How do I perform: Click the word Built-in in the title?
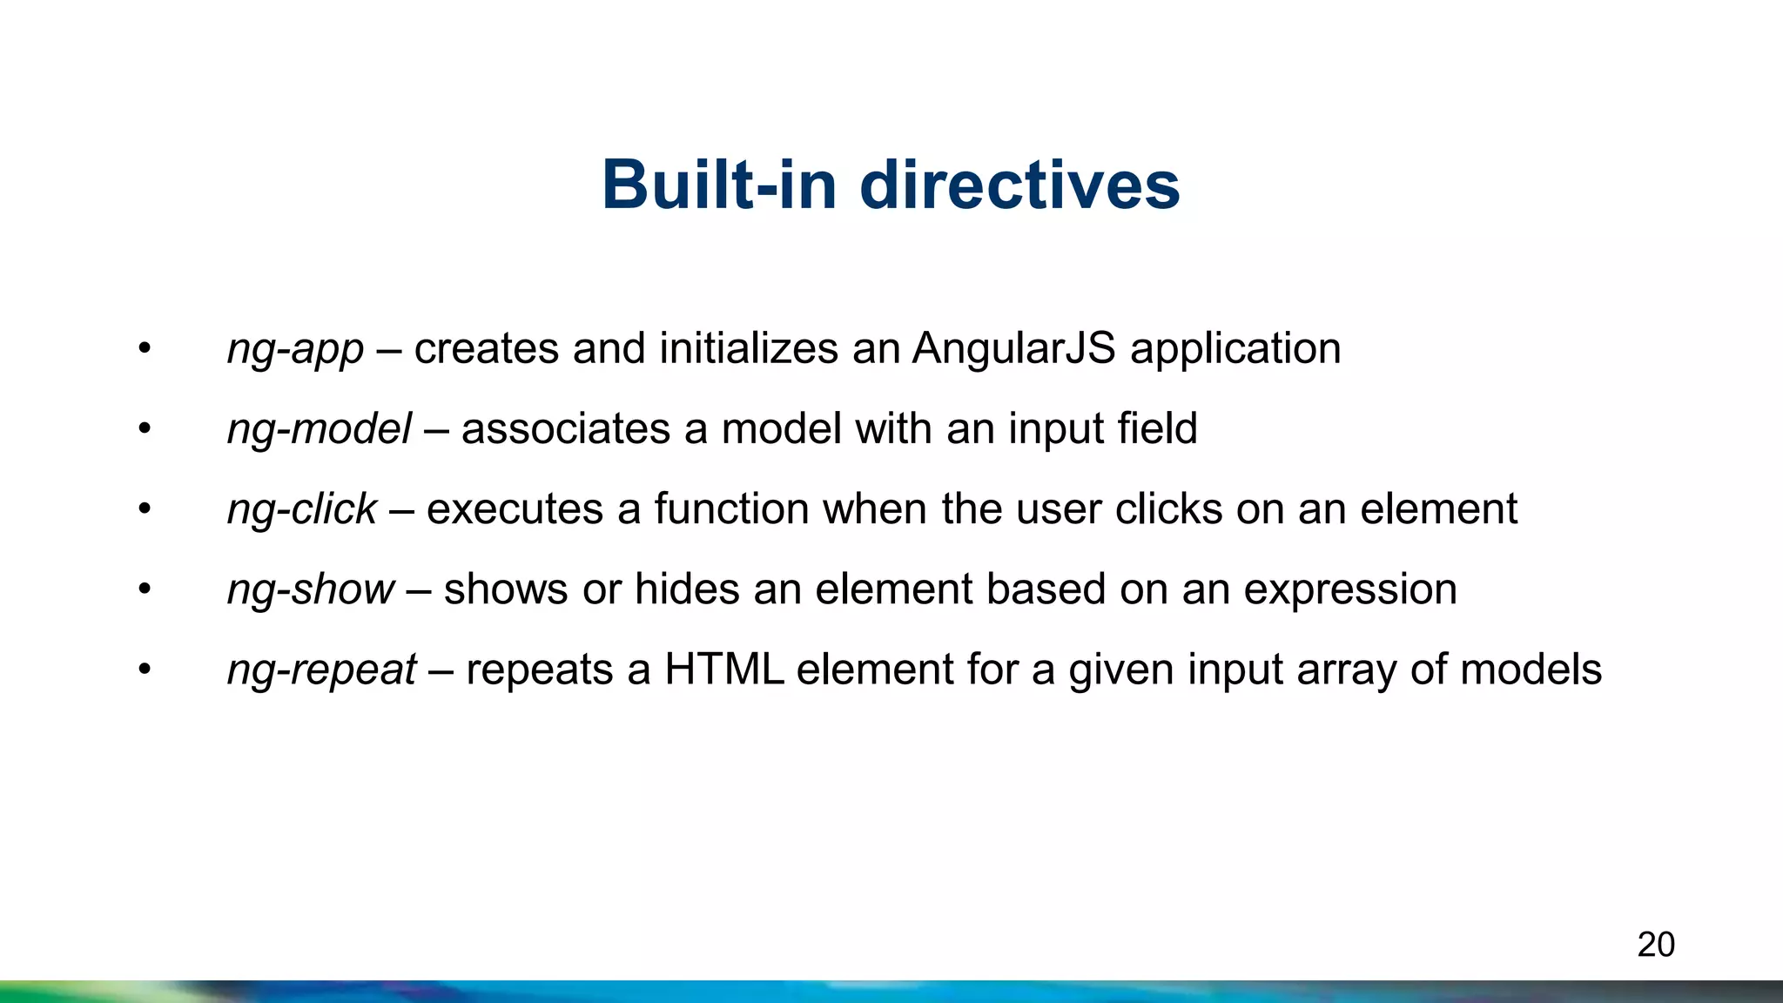724,185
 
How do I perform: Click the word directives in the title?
1019,185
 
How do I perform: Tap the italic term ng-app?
295,350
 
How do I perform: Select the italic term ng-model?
319,429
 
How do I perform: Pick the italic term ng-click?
301,509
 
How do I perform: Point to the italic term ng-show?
310,589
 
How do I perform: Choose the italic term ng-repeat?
321,670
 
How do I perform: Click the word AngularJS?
1013,348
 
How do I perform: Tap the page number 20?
1655,945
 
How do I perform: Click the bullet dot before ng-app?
145,350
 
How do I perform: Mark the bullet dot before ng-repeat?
145,670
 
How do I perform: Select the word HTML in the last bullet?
723,670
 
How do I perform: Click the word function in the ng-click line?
731,508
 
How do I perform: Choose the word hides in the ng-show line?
687,589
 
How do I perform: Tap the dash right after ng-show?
419,590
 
